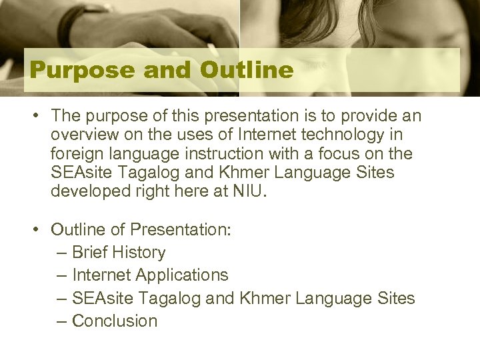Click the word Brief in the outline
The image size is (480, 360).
(90, 253)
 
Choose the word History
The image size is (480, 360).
(139, 253)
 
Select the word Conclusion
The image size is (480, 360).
(114, 321)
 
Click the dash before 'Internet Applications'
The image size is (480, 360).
(61, 275)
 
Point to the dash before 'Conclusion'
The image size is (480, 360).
(61, 321)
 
